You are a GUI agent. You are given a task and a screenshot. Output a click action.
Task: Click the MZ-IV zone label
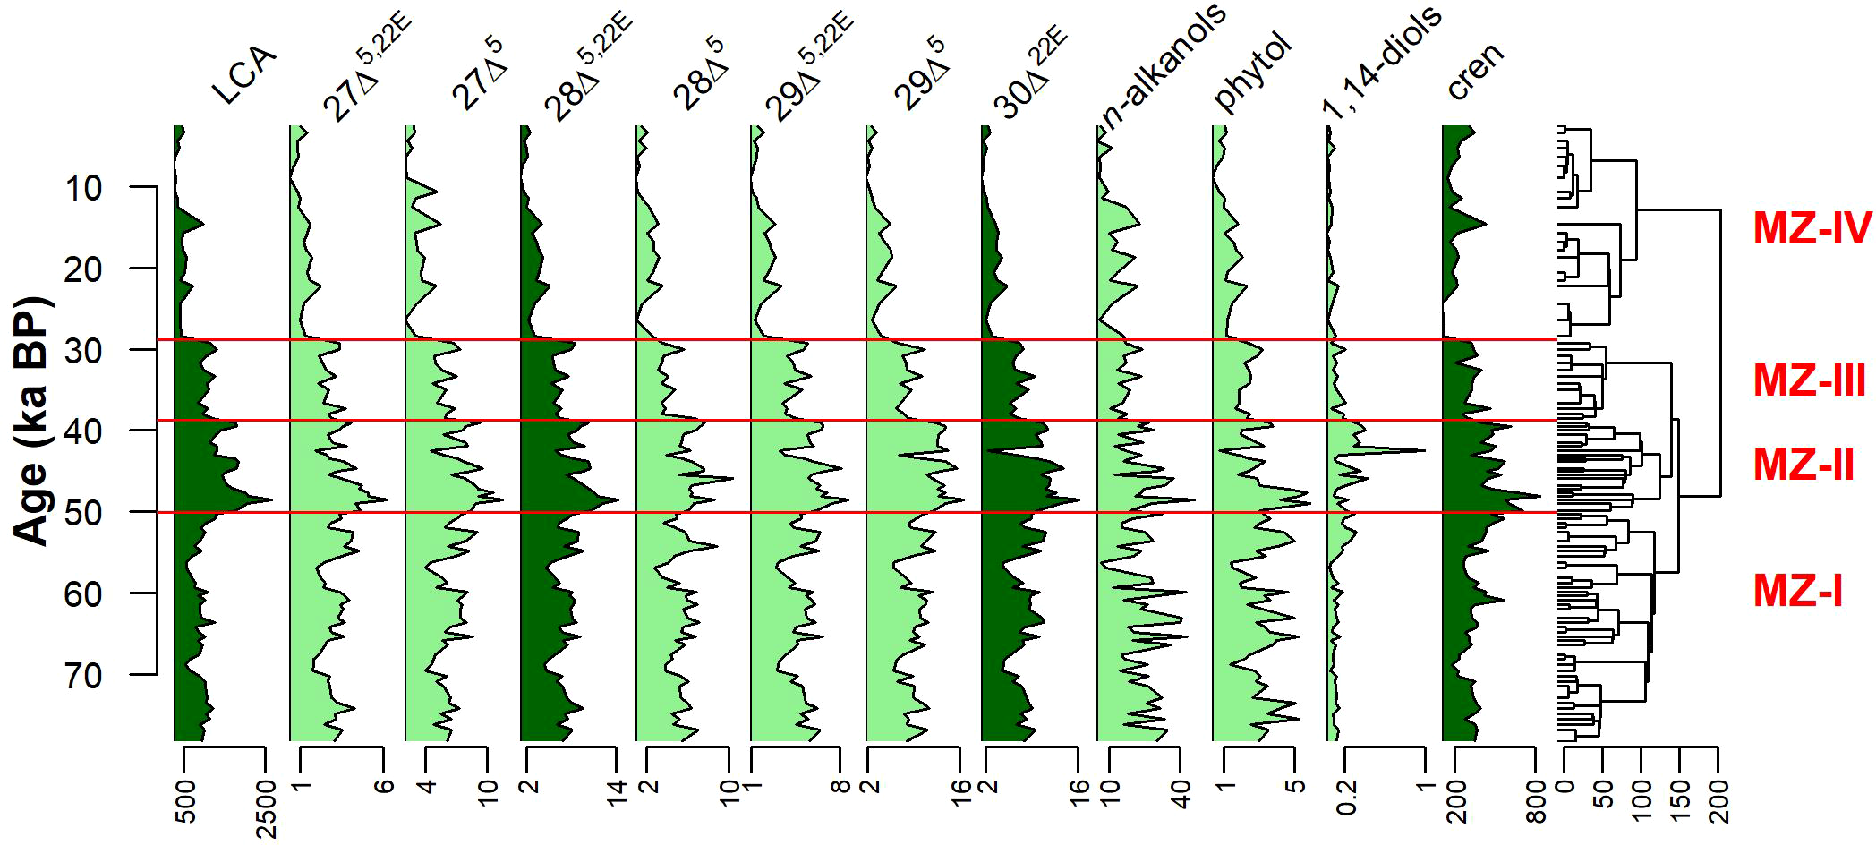[x=1812, y=229]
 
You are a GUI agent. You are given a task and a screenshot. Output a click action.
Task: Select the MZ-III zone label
[x=1809, y=380]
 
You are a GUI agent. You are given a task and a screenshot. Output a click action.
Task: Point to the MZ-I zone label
[x=1797, y=592]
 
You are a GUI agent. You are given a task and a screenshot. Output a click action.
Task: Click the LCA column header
[x=243, y=75]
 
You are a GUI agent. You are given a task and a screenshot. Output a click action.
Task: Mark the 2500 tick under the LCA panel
[x=266, y=809]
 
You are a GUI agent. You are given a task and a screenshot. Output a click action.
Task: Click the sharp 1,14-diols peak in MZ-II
[x=1423, y=450]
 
